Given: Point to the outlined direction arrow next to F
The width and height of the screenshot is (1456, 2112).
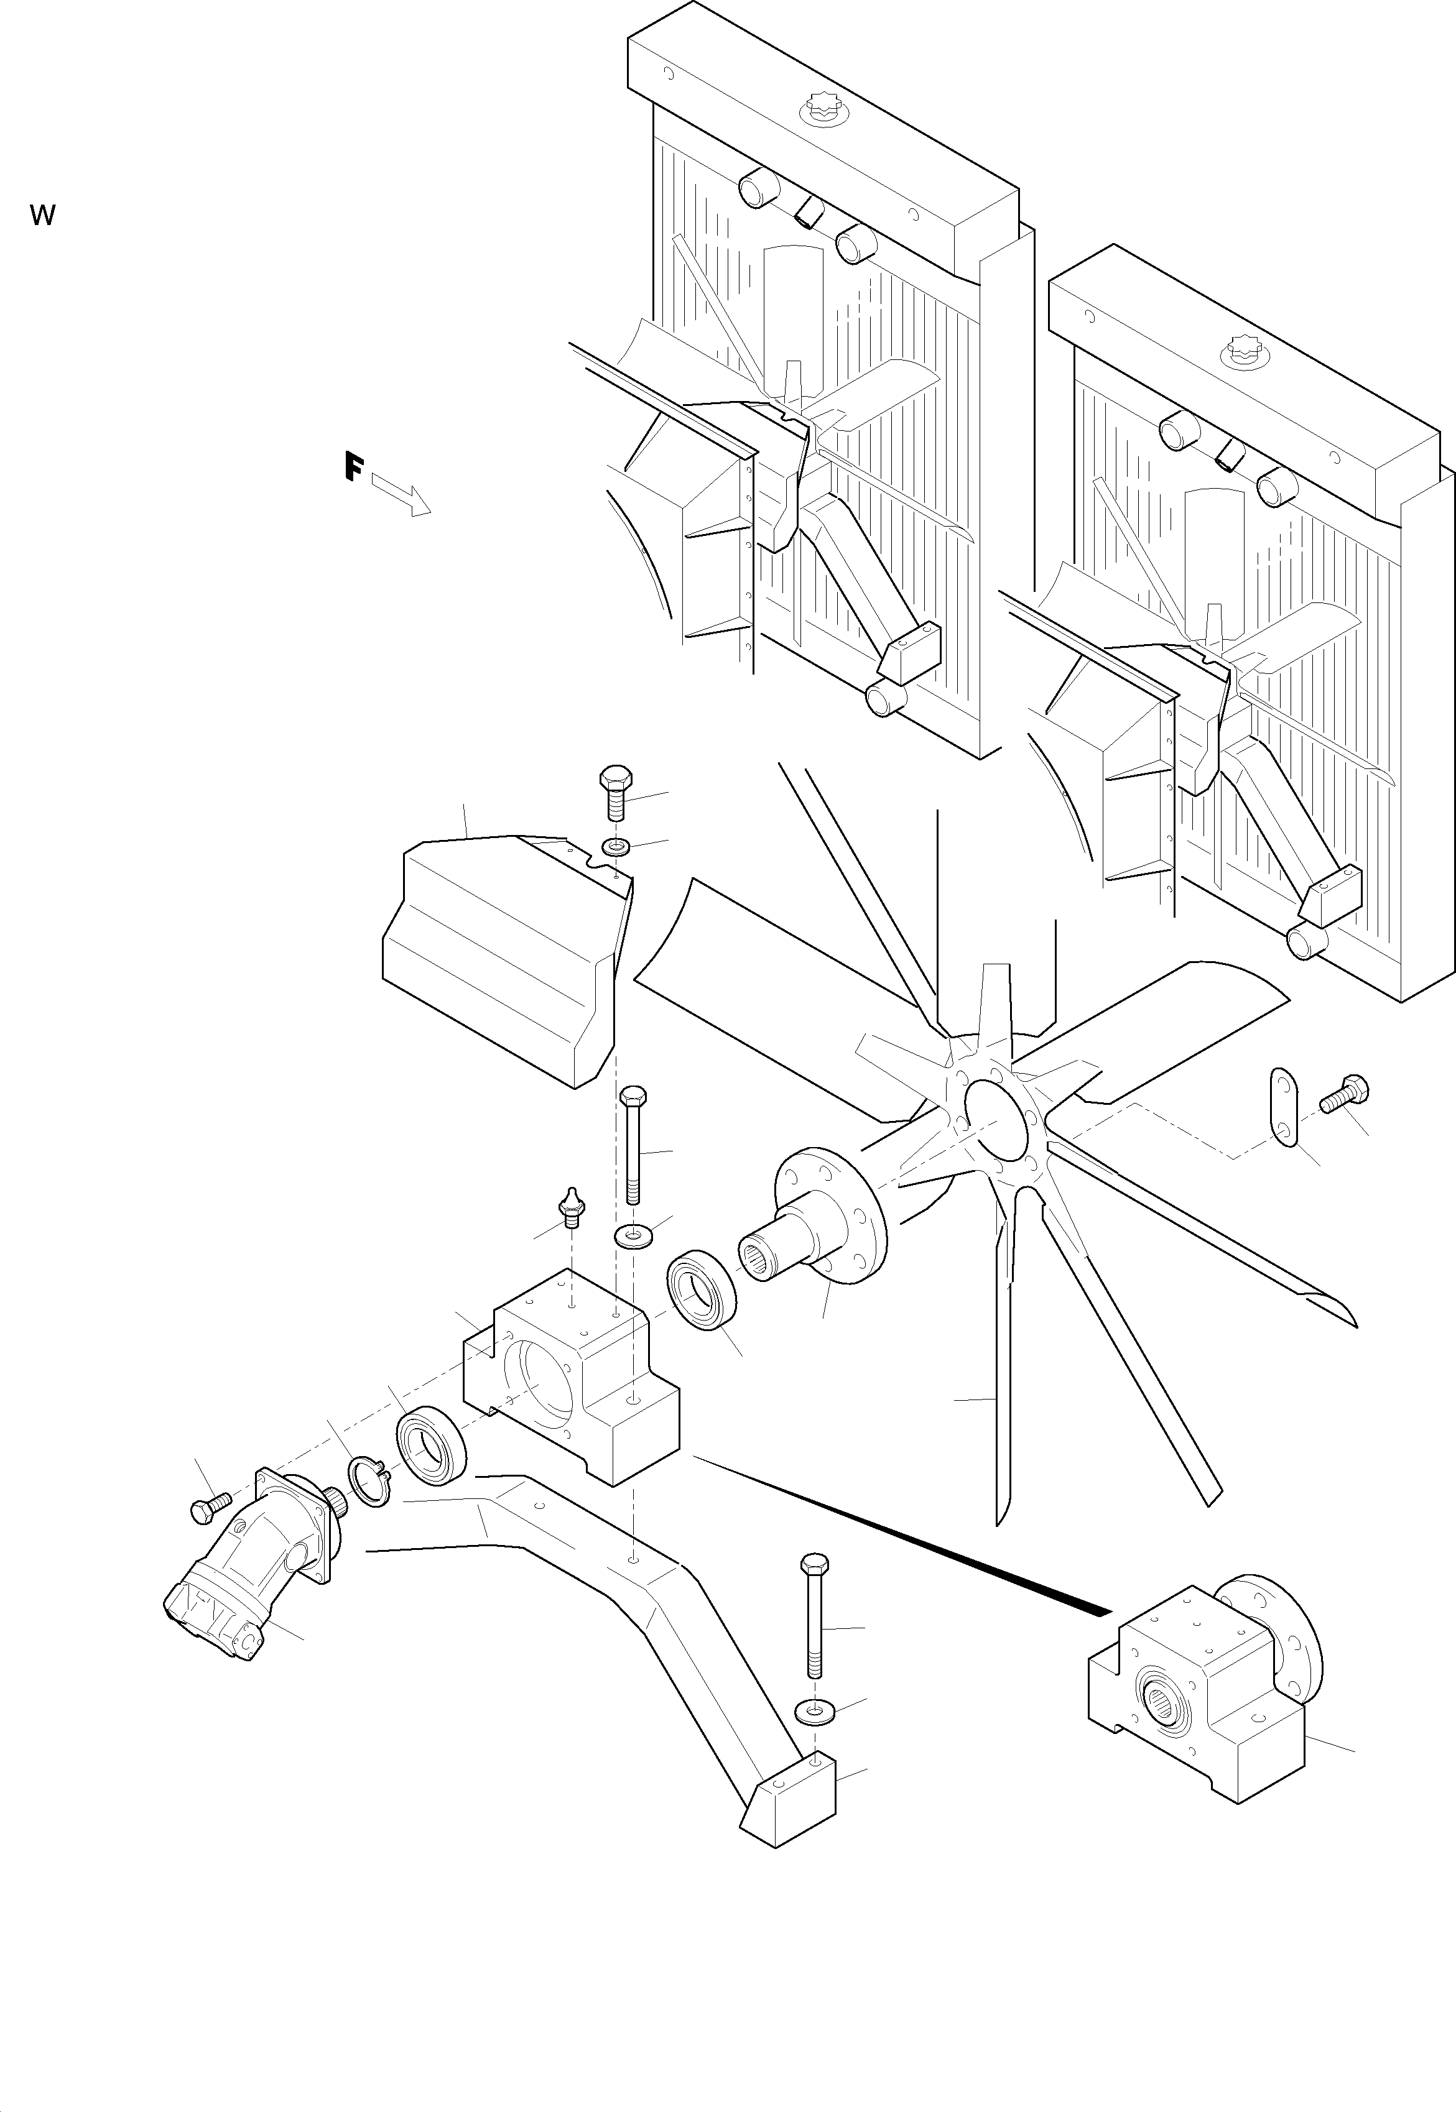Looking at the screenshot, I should click(x=401, y=494).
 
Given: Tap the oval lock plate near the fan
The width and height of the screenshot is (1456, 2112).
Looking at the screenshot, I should click(x=1284, y=1109).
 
